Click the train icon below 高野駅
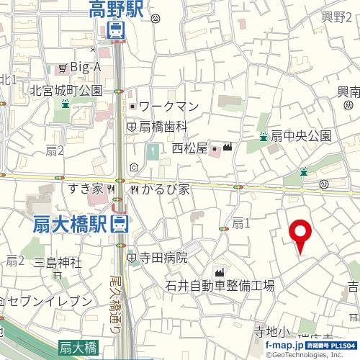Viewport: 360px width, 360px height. [115, 30]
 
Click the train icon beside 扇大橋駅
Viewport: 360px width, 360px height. [120, 225]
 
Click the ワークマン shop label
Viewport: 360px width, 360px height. [168, 107]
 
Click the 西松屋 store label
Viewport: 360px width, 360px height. [189, 149]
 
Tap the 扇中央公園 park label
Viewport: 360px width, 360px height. [300, 135]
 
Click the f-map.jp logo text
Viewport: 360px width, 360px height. [284, 346]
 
